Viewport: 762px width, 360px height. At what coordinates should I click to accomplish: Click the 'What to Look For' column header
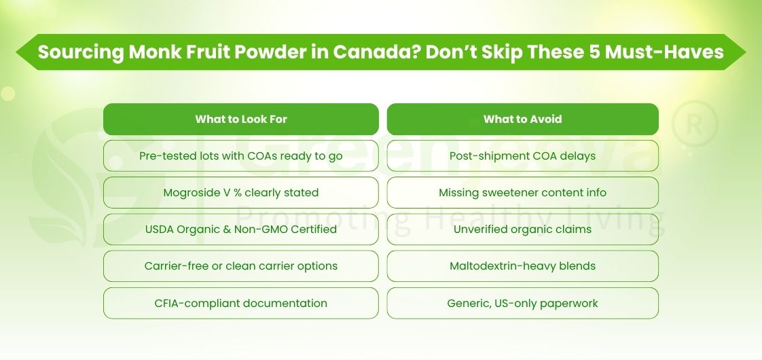point(241,119)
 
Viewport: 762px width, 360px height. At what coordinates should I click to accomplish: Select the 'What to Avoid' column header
point(522,119)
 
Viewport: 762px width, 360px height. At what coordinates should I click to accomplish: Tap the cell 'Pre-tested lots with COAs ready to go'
point(241,156)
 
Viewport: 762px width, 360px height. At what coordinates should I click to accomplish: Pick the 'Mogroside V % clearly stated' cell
point(241,192)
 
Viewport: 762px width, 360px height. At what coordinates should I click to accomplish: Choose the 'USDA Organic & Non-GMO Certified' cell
point(241,229)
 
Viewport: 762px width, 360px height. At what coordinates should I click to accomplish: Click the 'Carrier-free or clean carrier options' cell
point(241,266)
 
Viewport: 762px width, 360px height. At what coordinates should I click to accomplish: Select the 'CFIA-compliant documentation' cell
point(241,303)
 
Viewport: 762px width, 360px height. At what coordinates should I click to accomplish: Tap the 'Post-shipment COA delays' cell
point(522,156)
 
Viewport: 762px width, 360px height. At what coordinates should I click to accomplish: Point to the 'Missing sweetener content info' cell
point(522,192)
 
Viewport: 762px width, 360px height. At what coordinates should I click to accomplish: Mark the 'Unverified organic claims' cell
point(522,229)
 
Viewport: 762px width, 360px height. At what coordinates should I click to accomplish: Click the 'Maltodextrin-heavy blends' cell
point(522,266)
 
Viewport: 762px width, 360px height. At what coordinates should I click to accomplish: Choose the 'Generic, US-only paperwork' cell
point(522,303)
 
